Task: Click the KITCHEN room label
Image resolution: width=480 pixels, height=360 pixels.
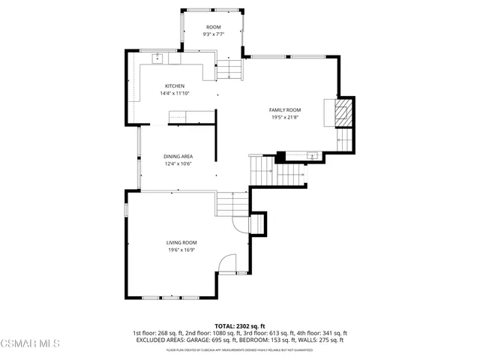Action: [x=175, y=85]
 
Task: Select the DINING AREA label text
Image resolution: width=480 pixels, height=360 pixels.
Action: [x=178, y=156]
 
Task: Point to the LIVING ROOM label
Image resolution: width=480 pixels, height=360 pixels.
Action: [x=181, y=242]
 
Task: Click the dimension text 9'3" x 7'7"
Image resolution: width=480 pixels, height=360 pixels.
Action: [x=213, y=34]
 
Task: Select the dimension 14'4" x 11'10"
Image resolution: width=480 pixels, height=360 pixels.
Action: [x=175, y=93]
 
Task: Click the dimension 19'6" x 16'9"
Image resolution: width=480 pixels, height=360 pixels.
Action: [x=181, y=250]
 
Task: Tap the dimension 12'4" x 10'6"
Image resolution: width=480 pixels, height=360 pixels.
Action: [x=178, y=163]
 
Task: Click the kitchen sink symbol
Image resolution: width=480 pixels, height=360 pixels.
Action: [x=158, y=58]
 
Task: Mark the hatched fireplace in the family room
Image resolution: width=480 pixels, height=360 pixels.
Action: [x=342, y=113]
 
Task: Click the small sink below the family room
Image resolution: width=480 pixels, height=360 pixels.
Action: [x=312, y=156]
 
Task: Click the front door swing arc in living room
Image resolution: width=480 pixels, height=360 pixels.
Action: [x=226, y=263]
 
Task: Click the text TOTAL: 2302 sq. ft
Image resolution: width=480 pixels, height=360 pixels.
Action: [x=239, y=325]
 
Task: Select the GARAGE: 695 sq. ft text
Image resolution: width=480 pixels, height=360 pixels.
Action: [x=206, y=340]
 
